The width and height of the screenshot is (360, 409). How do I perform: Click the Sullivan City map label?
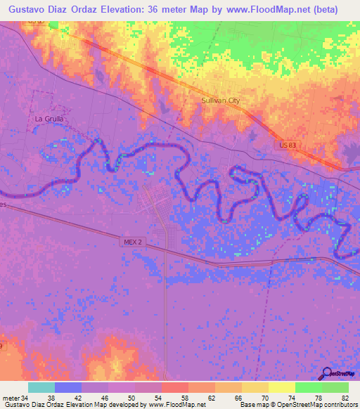click(x=221, y=100)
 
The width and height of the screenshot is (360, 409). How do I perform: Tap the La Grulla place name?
click(x=49, y=119)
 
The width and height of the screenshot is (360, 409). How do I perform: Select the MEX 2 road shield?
click(x=134, y=242)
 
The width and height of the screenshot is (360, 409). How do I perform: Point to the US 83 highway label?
click(x=286, y=144)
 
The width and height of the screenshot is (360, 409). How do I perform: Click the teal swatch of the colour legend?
click(x=41, y=387)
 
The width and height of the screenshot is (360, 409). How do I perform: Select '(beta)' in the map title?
click(x=324, y=9)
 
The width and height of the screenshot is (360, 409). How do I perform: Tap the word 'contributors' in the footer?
click(x=336, y=405)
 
